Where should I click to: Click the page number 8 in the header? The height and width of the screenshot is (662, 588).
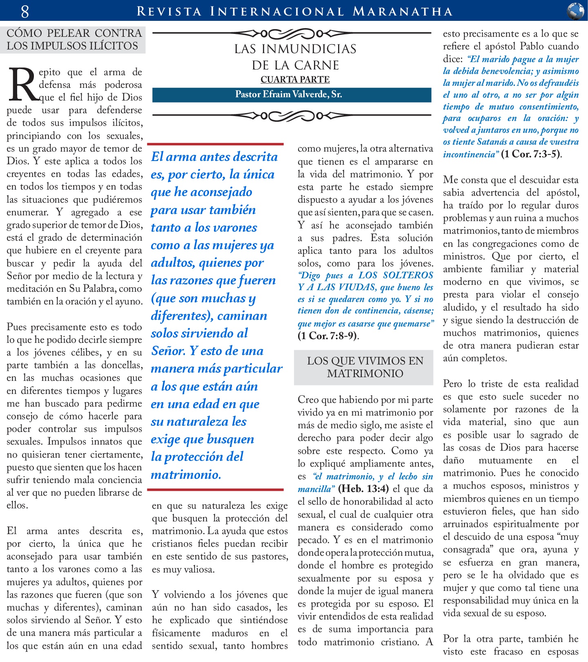pos(25,11)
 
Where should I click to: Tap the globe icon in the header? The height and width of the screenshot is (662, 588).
pos(575,11)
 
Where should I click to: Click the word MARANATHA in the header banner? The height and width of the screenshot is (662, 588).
pos(403,11)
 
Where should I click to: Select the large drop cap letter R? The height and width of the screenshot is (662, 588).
pos(23,85)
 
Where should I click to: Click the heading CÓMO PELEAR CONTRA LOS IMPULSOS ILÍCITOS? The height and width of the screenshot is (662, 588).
pos(74,39)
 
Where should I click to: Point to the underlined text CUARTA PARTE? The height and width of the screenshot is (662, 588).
pos(295,79)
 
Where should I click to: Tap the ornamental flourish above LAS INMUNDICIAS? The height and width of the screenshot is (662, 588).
pos(292,33)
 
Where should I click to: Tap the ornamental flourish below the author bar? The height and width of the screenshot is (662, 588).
pos(292,116)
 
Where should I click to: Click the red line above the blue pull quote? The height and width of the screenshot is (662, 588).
pos(215,144)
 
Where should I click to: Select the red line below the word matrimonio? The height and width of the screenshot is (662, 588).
pos(215,489)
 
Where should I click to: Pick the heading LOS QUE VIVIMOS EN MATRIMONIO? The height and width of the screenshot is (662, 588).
pos(365,367)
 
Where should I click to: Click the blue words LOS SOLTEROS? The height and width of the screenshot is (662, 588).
pos(396,275)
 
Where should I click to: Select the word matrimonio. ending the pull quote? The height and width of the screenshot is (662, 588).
pos(186,474)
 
